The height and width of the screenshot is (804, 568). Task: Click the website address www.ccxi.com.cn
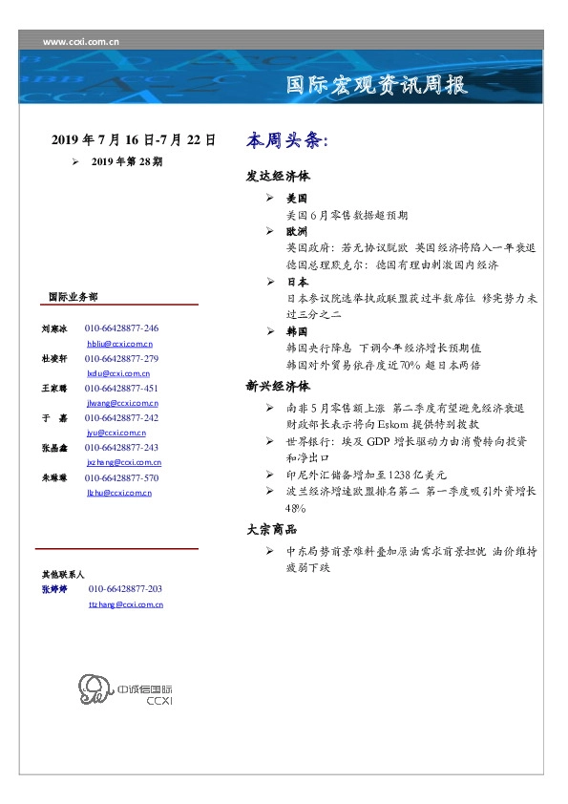pos(81,41)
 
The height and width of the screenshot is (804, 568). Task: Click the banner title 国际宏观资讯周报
pos(377,85)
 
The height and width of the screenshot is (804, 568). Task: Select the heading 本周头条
pos(286,140)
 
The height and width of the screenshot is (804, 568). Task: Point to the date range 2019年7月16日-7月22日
pos(133,139)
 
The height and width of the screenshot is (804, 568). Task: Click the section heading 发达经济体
pos(278,178)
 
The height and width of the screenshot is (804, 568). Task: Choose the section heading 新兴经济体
pos(278,387)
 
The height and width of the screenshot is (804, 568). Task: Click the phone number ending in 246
pos(121,328)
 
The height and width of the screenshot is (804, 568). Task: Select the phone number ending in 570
pos(121,478)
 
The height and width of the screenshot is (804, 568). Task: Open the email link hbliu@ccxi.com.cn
pos(119,343)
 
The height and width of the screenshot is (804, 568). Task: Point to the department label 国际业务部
pos(72,297)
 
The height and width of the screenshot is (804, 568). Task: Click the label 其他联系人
pos(62,575)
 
